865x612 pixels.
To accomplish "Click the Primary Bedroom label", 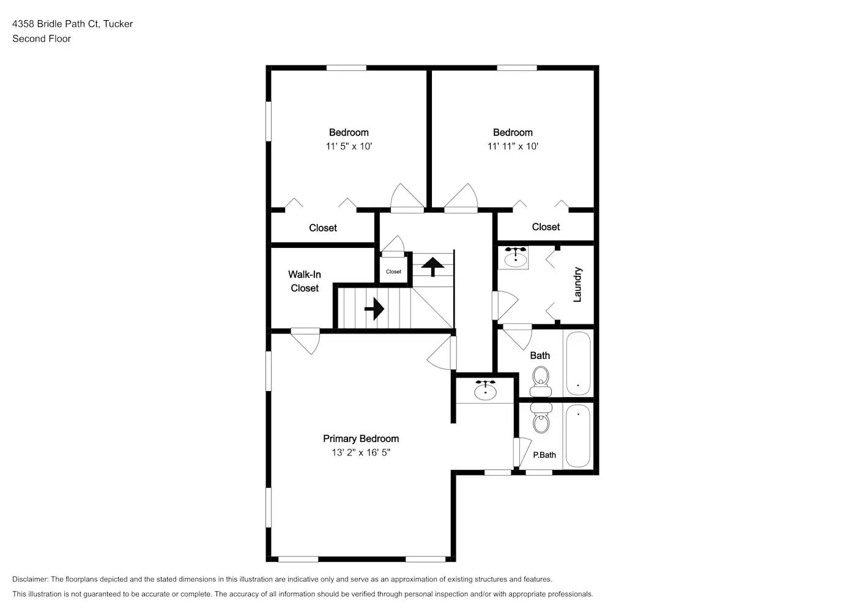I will [360, 439].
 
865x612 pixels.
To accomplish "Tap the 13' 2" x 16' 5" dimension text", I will [360, 453].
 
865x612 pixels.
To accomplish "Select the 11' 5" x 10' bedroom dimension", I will [349, 146].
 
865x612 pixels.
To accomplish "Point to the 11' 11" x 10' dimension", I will [513, 146].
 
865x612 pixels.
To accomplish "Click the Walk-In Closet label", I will [305, 282].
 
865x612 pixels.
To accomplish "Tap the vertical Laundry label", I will [577, 285].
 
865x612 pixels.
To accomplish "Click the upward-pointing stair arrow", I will [432, 266].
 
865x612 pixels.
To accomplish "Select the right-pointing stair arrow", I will [374, 309].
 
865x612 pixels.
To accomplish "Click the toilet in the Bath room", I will [541, 382].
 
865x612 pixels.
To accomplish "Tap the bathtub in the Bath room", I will [578, 363].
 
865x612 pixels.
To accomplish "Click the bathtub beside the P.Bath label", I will [578, 435].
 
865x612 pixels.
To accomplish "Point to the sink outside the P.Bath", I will [486, 391].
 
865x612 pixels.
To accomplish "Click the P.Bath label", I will [544, 455].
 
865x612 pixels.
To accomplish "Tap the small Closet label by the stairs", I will [393, 272].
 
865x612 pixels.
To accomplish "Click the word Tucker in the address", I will [118, 24].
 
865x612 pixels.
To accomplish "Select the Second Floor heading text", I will [42, 39].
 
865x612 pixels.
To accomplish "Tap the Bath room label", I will [540, 356].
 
